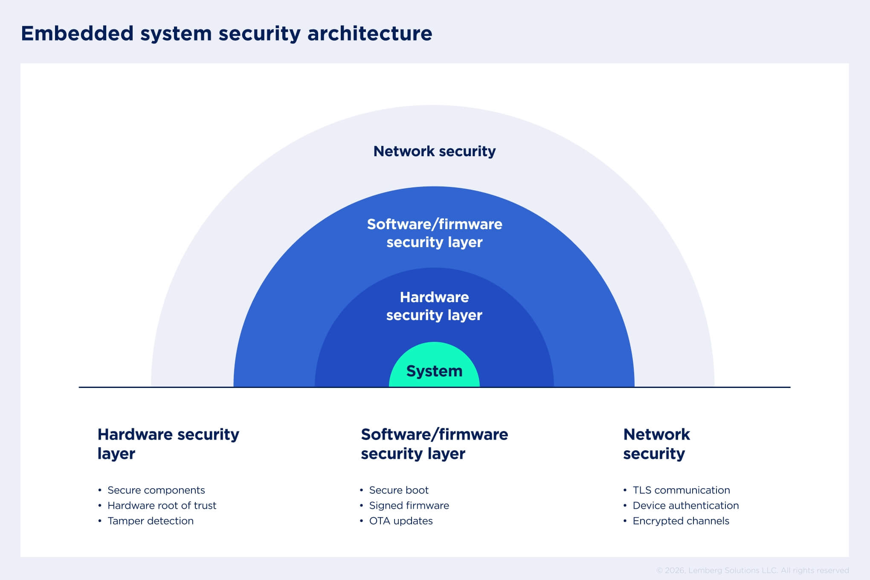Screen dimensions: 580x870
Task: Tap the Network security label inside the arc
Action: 434,151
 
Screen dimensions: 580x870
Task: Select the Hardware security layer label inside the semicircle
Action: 434,306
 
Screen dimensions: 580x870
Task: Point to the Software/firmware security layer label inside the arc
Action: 434,233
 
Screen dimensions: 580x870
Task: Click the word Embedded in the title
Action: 77,33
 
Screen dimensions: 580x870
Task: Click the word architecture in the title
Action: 369,33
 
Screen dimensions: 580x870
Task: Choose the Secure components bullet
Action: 156,490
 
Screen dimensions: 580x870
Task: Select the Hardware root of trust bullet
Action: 162,505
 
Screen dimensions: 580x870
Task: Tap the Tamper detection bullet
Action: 150,521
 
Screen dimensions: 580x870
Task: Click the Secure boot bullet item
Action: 398,490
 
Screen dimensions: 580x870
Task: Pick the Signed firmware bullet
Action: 409,505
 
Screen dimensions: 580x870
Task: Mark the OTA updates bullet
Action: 400,521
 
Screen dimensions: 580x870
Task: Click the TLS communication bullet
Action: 681,490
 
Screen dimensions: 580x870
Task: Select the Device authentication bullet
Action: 685,505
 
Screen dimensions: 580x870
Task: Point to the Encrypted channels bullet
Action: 681,521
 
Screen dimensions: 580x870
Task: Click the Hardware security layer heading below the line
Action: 168,443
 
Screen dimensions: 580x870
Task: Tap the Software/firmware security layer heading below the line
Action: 434,443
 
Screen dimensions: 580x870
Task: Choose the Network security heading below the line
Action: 656,443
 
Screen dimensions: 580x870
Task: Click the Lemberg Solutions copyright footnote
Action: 752,570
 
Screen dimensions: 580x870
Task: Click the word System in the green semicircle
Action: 434,371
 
